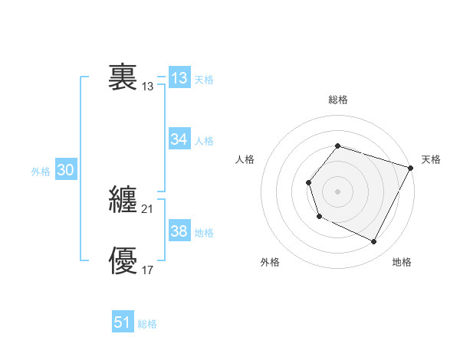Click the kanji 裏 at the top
point(123,77)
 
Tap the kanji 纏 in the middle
point(123,200)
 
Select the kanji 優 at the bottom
point(123,261)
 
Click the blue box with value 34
point(179,139)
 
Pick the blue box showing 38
point(179,231)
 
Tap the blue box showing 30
point(65,171)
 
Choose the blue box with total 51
point(123,322)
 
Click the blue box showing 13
point(179,78)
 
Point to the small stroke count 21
point(148,209)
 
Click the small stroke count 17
point(148,270)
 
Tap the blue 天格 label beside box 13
point(204,80)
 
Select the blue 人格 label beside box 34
point(204,141)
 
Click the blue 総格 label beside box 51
point(147,324)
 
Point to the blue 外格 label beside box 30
point(41,172)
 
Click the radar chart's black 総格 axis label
point(338,100)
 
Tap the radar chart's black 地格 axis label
point(402,263)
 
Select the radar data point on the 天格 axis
point(411,168)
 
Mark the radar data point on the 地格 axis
point(374,242)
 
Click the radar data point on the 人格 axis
point(308,182)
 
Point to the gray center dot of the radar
point(337,191)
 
